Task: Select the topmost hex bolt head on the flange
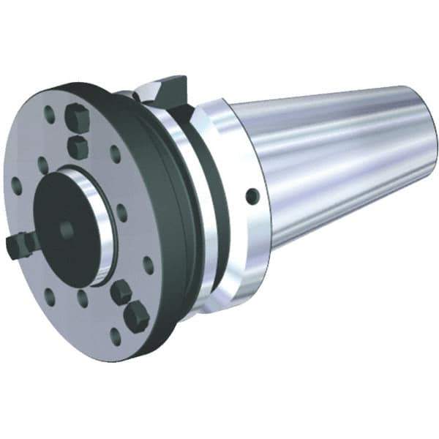point(75,117)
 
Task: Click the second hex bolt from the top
point(77,146)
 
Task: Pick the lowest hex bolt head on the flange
point(137,315)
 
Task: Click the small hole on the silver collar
point(252,195)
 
